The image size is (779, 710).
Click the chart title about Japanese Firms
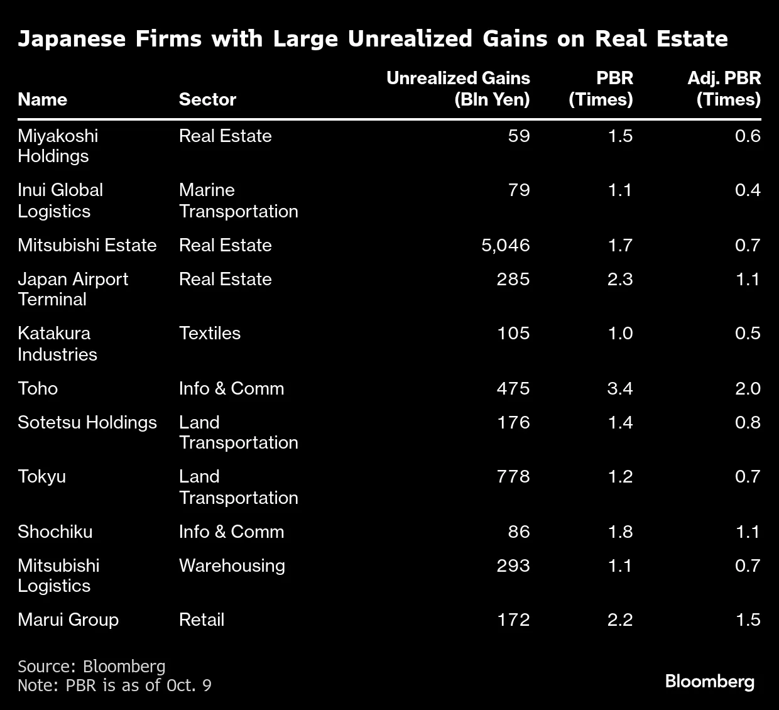[x=373, y=39]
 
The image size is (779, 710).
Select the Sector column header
[x=207, y=99]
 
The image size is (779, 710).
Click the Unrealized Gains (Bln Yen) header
[x=458, y=89]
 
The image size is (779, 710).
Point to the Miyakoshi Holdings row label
[x=58, y=146]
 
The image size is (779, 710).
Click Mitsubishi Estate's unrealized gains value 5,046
[x=506, y=245]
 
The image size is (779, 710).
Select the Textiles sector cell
[x=210, y=333]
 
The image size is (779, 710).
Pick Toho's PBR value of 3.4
[x=620, y=388]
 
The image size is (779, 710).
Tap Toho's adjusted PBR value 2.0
[x=748, y=388]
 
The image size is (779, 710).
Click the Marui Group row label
[x=68, y=620]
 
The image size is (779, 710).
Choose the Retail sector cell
[x=202, y=620]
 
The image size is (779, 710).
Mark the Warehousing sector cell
[x=232, y=565]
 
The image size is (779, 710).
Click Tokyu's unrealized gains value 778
[x=513, y=476]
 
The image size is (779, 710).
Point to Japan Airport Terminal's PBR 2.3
[x=620, y=279]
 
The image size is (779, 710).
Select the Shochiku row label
[x=55, y=532]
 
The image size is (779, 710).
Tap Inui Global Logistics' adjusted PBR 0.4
[x=748, y=190]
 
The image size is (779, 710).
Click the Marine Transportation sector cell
[x=238, y=200]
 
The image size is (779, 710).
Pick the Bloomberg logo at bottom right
[x=710, y=681]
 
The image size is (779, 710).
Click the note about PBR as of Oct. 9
[x=114, y=685]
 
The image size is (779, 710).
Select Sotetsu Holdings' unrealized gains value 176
[x=513, y=422]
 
